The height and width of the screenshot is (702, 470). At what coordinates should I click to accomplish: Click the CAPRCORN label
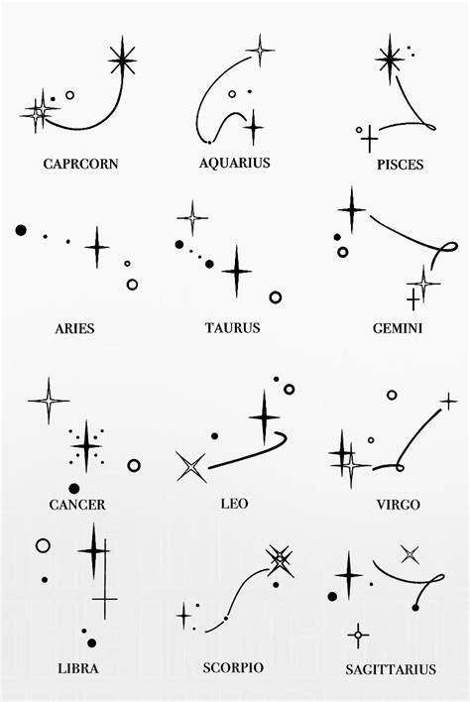tap(80, 164)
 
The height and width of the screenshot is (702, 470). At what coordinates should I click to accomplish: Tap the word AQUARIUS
tap(235, 163)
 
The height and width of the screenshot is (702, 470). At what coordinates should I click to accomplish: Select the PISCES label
tap(400, 165)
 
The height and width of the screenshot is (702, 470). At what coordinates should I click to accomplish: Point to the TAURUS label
tap(233, 328)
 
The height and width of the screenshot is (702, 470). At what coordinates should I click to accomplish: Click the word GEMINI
tap(398, 328)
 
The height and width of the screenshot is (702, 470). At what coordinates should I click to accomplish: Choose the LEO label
tap(234, 504)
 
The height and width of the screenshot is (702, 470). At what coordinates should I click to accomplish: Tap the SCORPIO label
tap(233, 668)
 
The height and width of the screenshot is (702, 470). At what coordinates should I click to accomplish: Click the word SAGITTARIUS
tap(391, 669)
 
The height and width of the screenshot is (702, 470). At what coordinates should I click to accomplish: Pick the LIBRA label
tap(78, 668)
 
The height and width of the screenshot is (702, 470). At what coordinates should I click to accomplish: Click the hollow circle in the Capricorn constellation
tap(69, 95)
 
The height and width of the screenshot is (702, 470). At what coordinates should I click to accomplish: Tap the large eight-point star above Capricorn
tap(122, 59)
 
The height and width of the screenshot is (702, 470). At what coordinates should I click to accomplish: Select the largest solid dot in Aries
tap(21, 230)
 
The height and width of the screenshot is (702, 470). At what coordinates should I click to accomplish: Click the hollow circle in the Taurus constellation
tap(276, 297)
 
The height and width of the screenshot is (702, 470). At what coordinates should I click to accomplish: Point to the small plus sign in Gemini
tap(413, 300)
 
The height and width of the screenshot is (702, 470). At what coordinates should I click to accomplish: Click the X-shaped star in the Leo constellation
tap(191, 467)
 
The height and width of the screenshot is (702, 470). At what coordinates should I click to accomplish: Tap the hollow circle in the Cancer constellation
tap(134, 466)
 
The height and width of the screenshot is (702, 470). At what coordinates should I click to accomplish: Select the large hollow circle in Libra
tap(43, 545)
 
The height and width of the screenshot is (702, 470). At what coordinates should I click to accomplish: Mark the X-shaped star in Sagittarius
tap(411, 554)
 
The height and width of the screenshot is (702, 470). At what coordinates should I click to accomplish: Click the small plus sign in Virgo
tap(448, 402)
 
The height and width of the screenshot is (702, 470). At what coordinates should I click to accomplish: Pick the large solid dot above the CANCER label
tap(74, 489)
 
